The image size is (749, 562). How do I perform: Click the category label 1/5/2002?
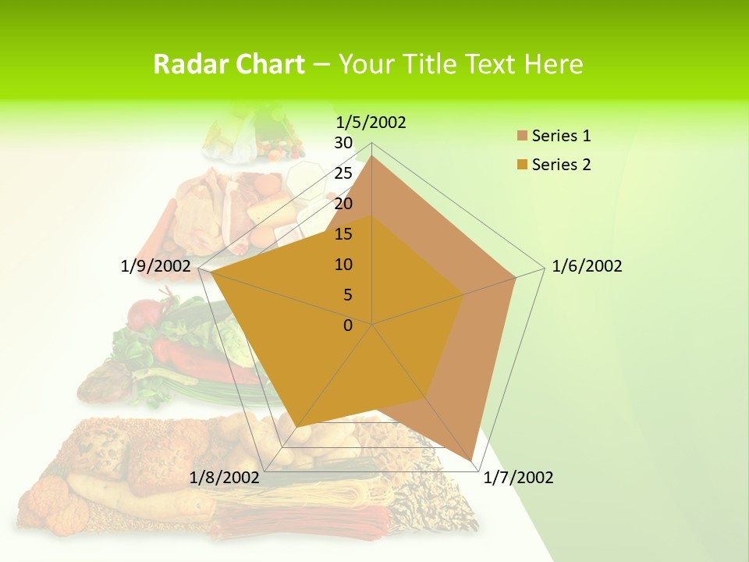(371, 122)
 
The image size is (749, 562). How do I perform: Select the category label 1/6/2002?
(587, 266)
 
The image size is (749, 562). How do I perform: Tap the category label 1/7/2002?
(518, 478)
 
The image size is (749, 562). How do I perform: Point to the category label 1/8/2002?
(225, 478)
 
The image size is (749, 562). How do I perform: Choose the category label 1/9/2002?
(156, 266)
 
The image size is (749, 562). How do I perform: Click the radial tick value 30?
(343, 143)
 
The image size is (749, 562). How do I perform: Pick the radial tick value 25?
(343, 173)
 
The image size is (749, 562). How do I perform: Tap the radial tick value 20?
(343, 204)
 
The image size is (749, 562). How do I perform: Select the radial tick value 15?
(343, 234)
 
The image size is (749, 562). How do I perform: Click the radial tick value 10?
(343, 265)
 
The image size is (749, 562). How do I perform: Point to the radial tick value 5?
(348, 295)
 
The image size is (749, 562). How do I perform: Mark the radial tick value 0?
(348, 325)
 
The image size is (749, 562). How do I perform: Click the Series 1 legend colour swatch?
(522, 136)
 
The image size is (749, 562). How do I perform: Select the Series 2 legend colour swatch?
(522, 165)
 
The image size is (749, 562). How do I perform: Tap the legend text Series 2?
(561, 165)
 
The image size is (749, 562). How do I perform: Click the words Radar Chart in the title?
(228, 64)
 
